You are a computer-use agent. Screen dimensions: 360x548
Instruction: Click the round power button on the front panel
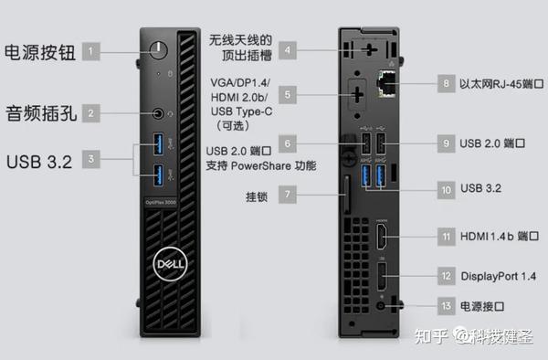162,49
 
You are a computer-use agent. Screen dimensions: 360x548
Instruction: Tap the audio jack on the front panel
162,113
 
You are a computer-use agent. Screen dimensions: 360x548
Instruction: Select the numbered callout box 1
91,50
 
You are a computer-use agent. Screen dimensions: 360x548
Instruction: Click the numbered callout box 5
288,92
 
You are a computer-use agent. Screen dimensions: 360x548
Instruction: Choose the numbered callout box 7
288,195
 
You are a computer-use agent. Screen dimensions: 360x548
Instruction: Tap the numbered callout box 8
447,84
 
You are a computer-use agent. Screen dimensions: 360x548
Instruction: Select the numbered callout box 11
447,236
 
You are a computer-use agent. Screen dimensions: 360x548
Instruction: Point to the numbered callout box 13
447,306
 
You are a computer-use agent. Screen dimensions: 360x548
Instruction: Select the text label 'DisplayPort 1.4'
498,275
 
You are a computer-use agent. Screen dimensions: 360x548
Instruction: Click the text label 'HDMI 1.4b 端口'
499,236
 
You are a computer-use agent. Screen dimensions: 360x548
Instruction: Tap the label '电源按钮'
39,50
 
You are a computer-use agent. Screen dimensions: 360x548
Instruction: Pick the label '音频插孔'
39,113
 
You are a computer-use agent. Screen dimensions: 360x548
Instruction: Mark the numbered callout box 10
447,189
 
